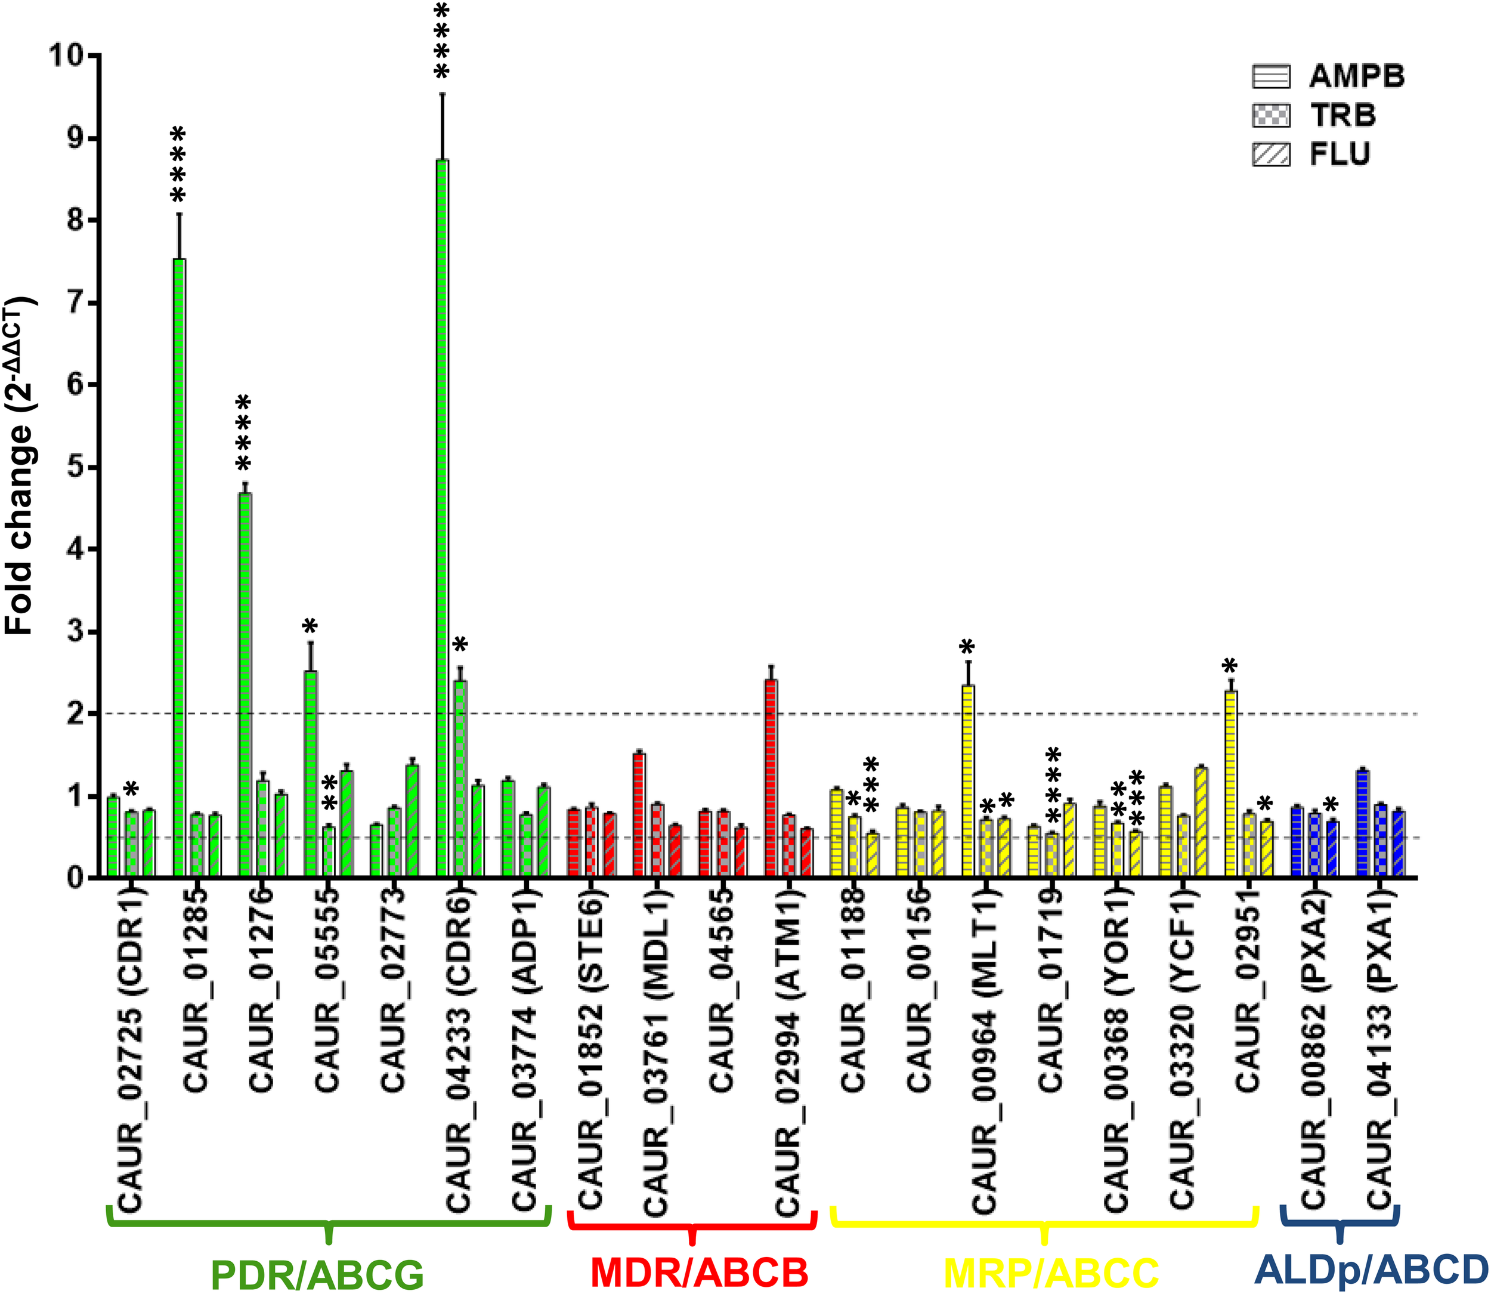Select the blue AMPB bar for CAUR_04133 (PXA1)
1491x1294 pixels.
coord(1363,824)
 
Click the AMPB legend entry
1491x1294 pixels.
coord(1328,76)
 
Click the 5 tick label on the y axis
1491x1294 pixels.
coord(75,467)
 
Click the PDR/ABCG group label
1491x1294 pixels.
coord(317,1274)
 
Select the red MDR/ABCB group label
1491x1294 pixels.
coord(698,1274)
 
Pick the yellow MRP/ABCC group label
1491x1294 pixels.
coord(1051,1274)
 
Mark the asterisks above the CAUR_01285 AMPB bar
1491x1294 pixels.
coord(178,165)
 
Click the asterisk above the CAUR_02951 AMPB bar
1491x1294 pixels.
coord(1230,665)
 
